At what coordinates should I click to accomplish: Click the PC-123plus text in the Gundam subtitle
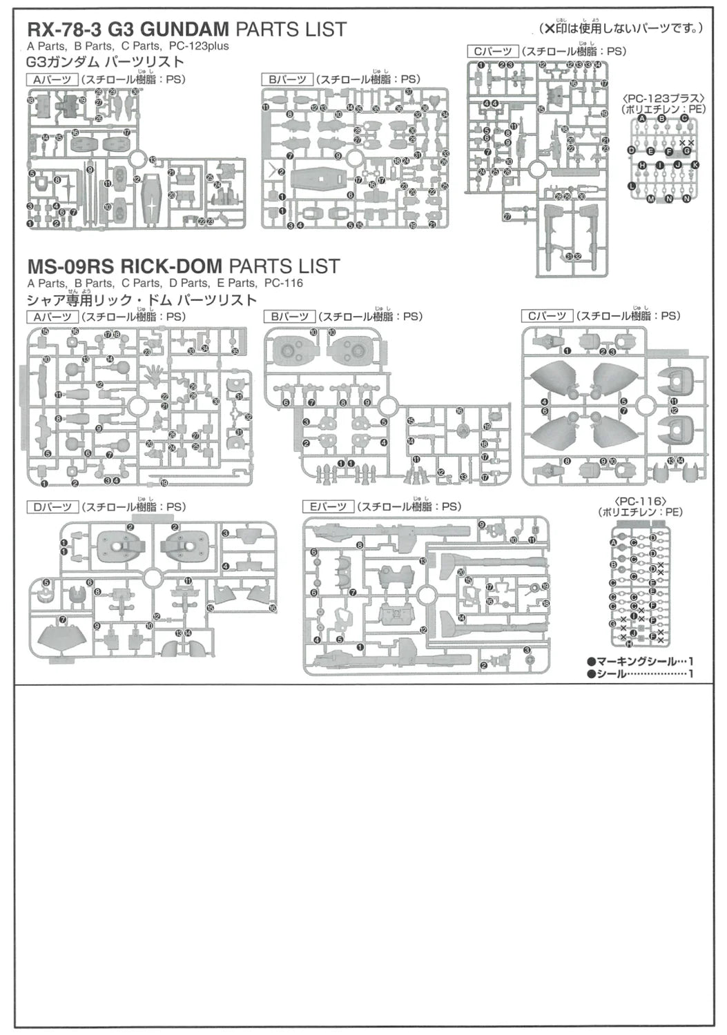coord(198,46)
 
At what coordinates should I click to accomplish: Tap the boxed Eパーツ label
coord(328,507)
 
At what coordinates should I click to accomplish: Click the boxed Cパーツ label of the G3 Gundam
coord(492,52)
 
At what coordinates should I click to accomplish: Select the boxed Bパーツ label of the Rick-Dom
coord(289,317)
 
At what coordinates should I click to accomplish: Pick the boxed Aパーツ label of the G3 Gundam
coord(52,79)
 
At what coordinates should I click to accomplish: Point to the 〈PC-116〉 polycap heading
coord(640,500)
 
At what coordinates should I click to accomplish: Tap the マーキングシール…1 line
coord(640,661)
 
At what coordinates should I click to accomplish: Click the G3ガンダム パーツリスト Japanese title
coord(105,63)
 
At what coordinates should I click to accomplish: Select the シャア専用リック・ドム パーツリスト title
coord(142,300)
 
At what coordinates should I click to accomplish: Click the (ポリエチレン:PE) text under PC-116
coord(640,512)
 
